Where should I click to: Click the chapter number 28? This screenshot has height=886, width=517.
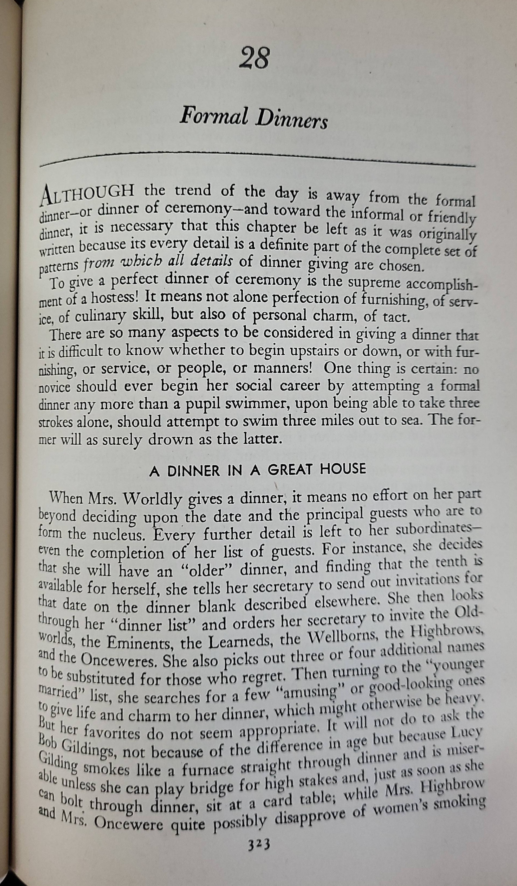tap(254, 58)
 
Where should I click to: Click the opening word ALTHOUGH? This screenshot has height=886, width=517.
tap(88, 193)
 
